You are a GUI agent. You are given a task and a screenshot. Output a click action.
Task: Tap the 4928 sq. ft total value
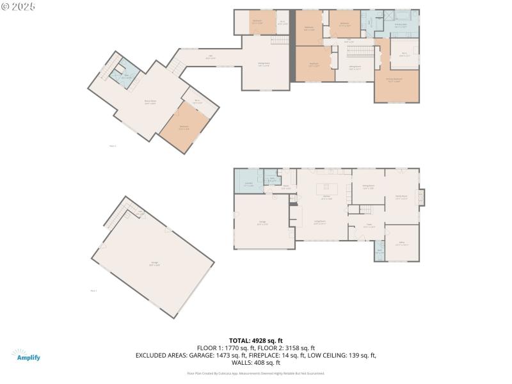269,340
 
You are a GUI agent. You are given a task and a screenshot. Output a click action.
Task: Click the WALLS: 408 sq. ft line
255,362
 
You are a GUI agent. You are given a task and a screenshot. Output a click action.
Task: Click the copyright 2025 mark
19,6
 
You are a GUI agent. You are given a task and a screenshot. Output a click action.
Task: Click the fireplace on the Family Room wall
421,197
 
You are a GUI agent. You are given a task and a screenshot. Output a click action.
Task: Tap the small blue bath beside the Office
380,251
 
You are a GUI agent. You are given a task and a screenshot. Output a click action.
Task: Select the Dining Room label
368,188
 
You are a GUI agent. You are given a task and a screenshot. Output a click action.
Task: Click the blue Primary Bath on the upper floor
401,24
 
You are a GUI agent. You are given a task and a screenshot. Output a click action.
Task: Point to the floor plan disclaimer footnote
255,373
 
